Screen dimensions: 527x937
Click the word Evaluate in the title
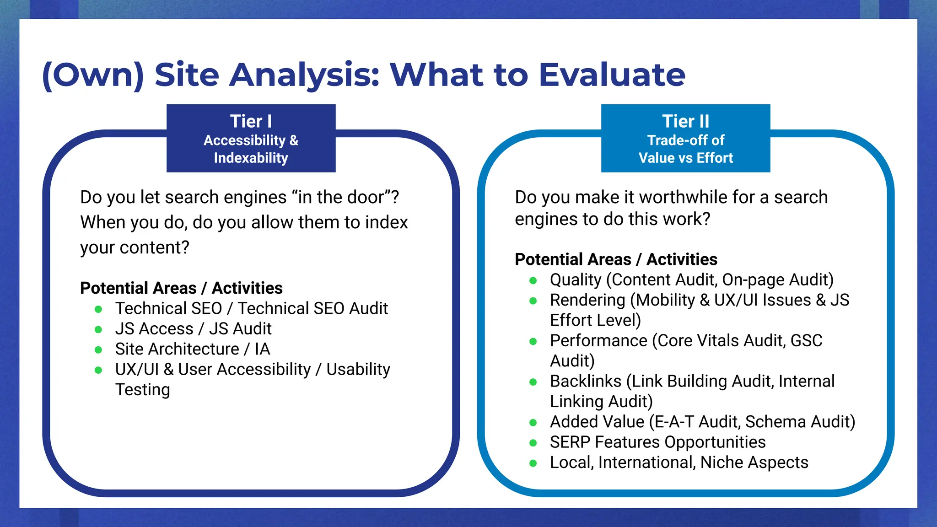612,75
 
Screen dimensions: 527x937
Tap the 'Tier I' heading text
251,121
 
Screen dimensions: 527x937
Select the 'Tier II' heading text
685,121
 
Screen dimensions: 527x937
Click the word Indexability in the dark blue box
251,158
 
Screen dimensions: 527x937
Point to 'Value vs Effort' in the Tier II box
685,158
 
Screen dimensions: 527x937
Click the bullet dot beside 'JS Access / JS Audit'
98,329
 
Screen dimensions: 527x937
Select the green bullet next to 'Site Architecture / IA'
98,350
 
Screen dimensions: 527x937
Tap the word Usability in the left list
358,369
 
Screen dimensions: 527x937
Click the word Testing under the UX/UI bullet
142,390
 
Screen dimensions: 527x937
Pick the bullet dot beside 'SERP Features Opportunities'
533,443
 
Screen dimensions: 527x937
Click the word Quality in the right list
576,280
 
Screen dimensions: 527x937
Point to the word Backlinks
586,381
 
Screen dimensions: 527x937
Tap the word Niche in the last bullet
722,462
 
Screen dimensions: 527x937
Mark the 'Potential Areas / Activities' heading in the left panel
181,288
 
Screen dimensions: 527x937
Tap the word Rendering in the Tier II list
587,300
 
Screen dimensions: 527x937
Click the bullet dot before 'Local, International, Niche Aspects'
533,463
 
